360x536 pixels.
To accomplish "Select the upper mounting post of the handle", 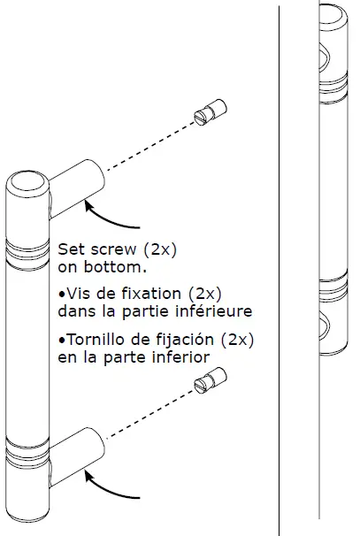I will tap(75, 184).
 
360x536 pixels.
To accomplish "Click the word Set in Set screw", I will tap(71, 249).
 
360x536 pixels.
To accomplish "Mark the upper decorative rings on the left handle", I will tap(28, 250).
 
